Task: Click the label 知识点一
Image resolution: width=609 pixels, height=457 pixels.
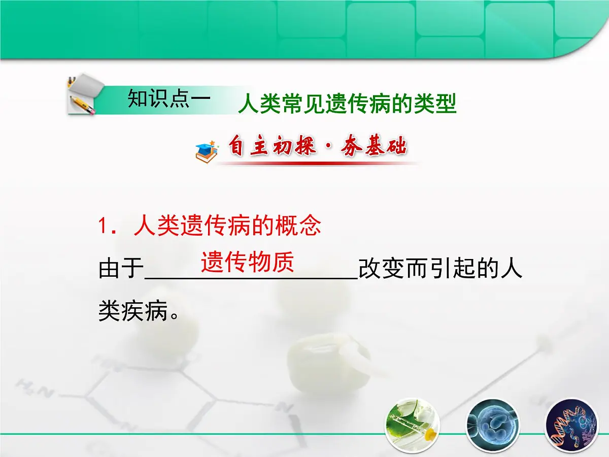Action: [168, 99]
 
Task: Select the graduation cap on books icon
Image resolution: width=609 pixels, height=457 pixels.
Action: [207, 151]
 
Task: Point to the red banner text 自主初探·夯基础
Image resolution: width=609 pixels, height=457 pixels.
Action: [317, 148]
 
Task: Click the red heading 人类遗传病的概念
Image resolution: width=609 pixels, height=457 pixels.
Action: [227, 226]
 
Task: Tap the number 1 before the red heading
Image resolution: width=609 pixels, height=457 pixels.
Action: [104, 226]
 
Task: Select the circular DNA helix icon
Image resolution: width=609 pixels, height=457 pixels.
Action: [569, 425]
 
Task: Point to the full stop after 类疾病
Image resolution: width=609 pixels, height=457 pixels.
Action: [174, 315]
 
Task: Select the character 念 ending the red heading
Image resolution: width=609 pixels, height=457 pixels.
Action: [310, 226]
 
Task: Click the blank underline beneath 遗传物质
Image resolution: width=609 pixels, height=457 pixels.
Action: [252, 278]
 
